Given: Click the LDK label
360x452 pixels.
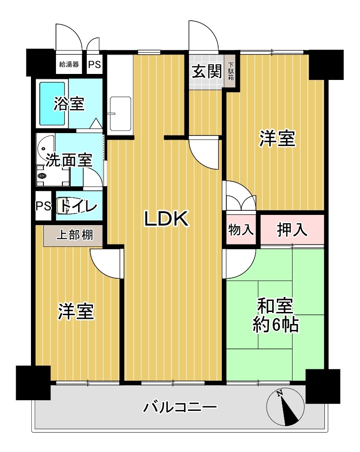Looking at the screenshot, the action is click(x=166, y=219).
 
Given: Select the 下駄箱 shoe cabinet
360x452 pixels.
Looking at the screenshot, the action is click(x=231, y=71).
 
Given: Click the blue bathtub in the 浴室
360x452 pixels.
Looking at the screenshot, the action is click(x=52, y=104).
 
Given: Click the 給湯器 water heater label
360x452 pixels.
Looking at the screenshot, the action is click(x=69, y=64).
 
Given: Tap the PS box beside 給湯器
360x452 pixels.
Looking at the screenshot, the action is click(x=95, y=64).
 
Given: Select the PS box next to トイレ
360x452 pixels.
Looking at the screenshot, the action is click(x=43, y=206).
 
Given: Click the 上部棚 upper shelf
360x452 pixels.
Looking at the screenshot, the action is click(x=73, y=236).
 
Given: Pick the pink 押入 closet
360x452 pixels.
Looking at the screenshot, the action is click(x=292, y=230).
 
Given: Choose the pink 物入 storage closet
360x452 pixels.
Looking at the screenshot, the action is click(x=241, y=230).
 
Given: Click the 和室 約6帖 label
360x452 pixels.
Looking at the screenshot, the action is click(x=275, y=315).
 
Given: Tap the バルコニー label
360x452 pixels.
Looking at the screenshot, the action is click(x=180, y=407).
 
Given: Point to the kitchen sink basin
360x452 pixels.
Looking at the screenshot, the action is click(x=121, y=114).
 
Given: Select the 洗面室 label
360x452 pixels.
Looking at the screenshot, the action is click(x=69, y=160).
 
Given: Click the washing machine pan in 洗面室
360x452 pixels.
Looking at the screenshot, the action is click(x=53, y=176).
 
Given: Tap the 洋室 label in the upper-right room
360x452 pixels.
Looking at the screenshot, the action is click(x=277, y=139).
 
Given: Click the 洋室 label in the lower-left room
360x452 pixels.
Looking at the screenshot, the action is click(x=76, y=312).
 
